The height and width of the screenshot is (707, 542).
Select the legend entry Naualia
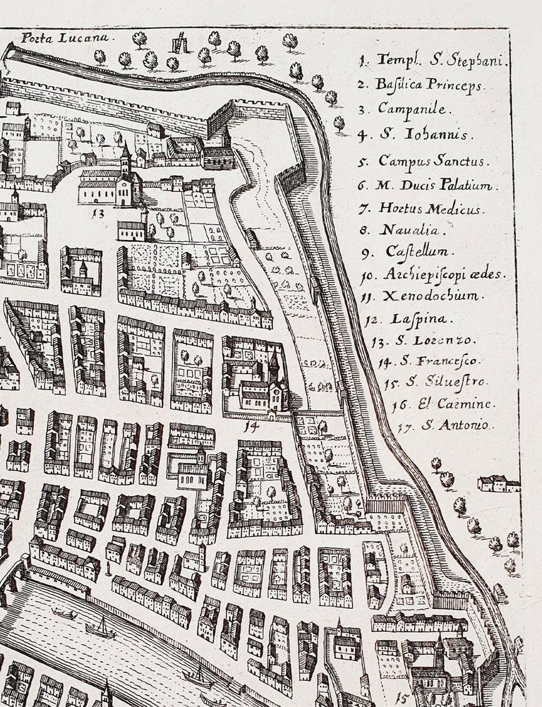pos(402,230)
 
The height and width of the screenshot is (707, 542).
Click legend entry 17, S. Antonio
pos(445,425)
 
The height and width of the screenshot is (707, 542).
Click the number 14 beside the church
pos(248,426)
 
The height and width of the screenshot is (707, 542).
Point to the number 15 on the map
pos(403,698)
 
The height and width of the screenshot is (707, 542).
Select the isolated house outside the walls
pos(498,483)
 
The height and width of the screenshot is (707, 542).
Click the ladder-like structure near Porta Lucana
pos(181,44)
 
